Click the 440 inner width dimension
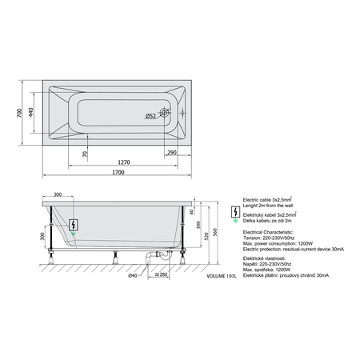[x=33, y=113]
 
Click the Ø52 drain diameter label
[x=150, y=118]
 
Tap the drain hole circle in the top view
[x=166, y=114]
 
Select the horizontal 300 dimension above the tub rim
[x=57, y=194]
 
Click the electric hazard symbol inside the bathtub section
[x=74, y=224]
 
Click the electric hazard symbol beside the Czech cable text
[x=234, y=214]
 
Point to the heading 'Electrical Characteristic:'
[x=272, y=230]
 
